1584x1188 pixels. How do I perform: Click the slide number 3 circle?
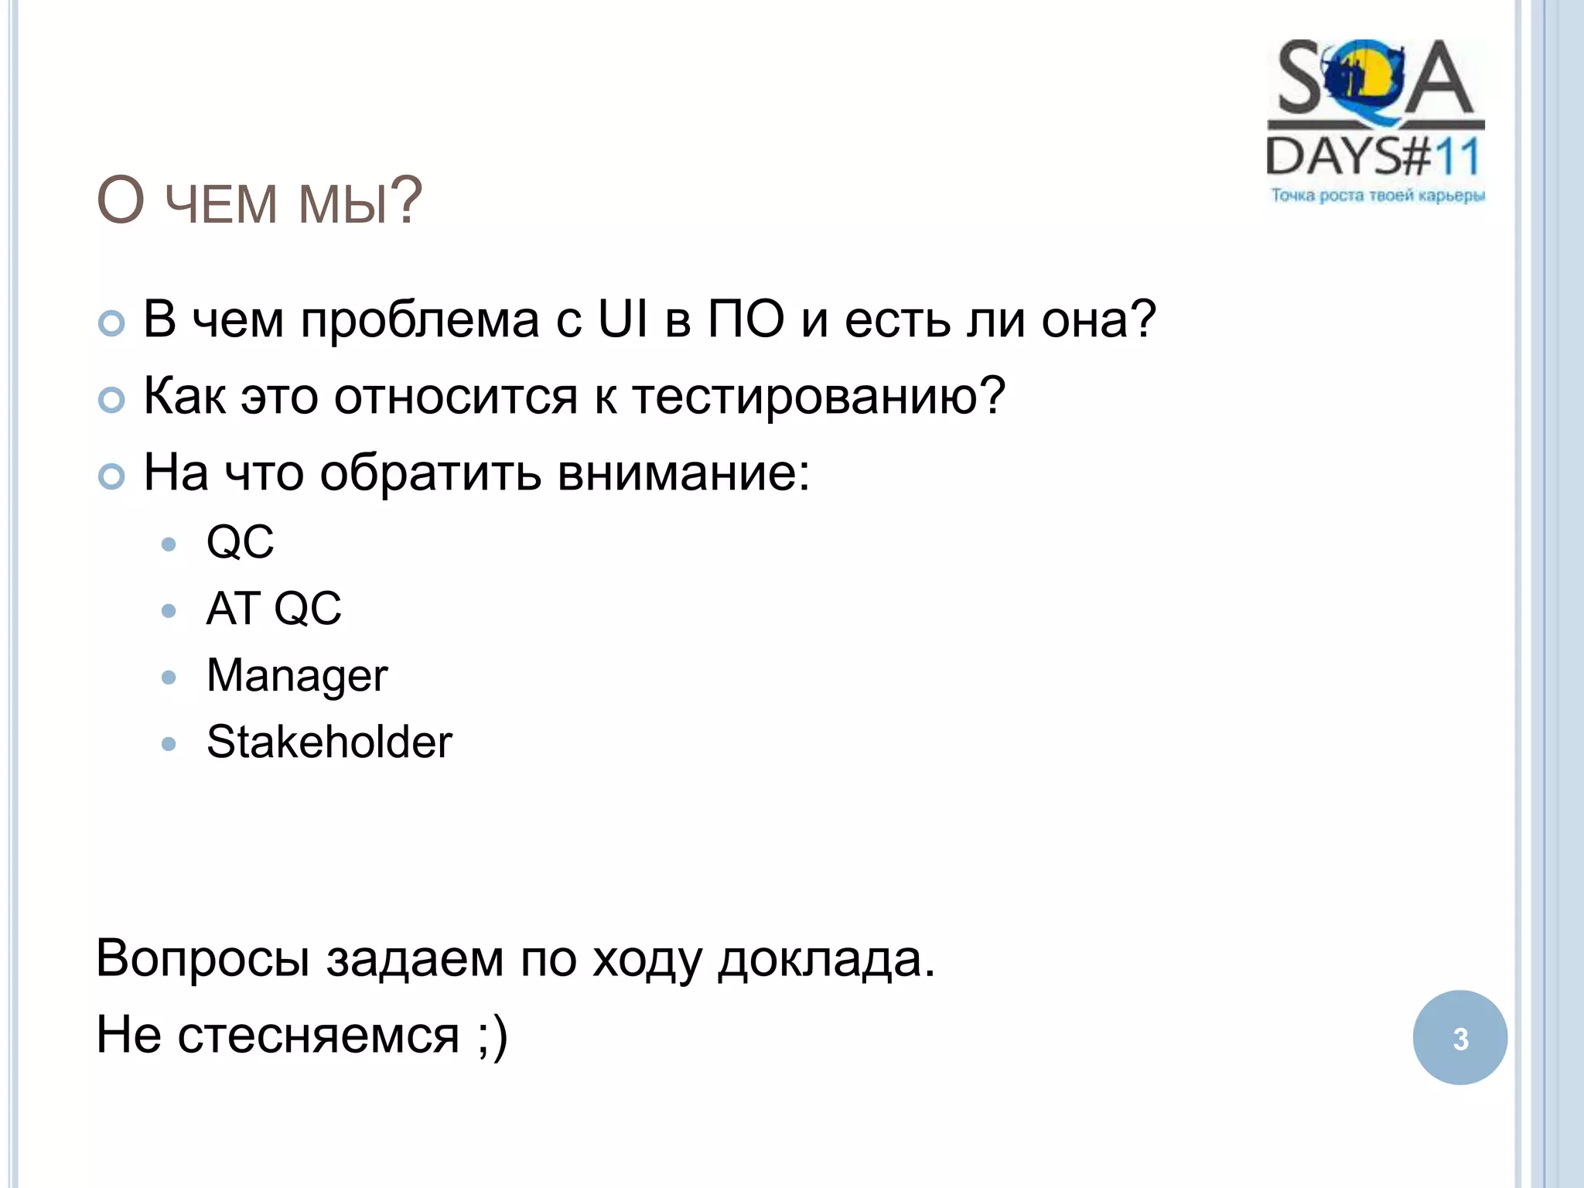pyautogui.click(x=1459, y=1037)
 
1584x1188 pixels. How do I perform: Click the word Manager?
pyautogui.click(x=297, y=676)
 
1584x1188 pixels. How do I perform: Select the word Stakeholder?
pyautogui.click(x=329, y=742)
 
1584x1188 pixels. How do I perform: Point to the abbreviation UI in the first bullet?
pyautogui.click(x=623, y=319)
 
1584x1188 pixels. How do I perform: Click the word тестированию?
pyautogui.click(x=818, y=396)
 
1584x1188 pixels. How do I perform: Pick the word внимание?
pyautogui.click(x=683, y=473)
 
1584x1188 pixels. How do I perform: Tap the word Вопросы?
pyautogui.click(x=203, y=958)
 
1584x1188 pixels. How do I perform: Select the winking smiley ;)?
pyautogui.click(x=492, y=1036)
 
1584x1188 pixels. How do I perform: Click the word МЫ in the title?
pyautogui.click(x=343, y=203)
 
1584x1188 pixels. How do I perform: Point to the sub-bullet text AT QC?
pyautogui.click(x=274, y=609)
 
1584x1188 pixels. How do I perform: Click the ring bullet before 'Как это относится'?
pyautogui.click(x=112, y=400)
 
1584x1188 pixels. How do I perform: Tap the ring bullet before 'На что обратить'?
pyautogui.click(x=112, y=476)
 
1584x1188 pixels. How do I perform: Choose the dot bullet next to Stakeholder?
pyautogui.click(x=169, y=744)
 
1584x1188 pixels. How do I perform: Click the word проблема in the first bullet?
pyautogui.click(x=420, y=320)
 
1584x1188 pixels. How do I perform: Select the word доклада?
pyautogui.click(x=825, y=960)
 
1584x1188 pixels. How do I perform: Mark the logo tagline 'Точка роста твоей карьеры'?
pyautogui.click(x=1377, y=196)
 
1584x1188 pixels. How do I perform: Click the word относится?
pyautogui.click(x=456, y=396)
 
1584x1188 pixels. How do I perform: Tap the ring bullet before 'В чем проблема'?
pyautogui.click(x=112, y=323)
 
